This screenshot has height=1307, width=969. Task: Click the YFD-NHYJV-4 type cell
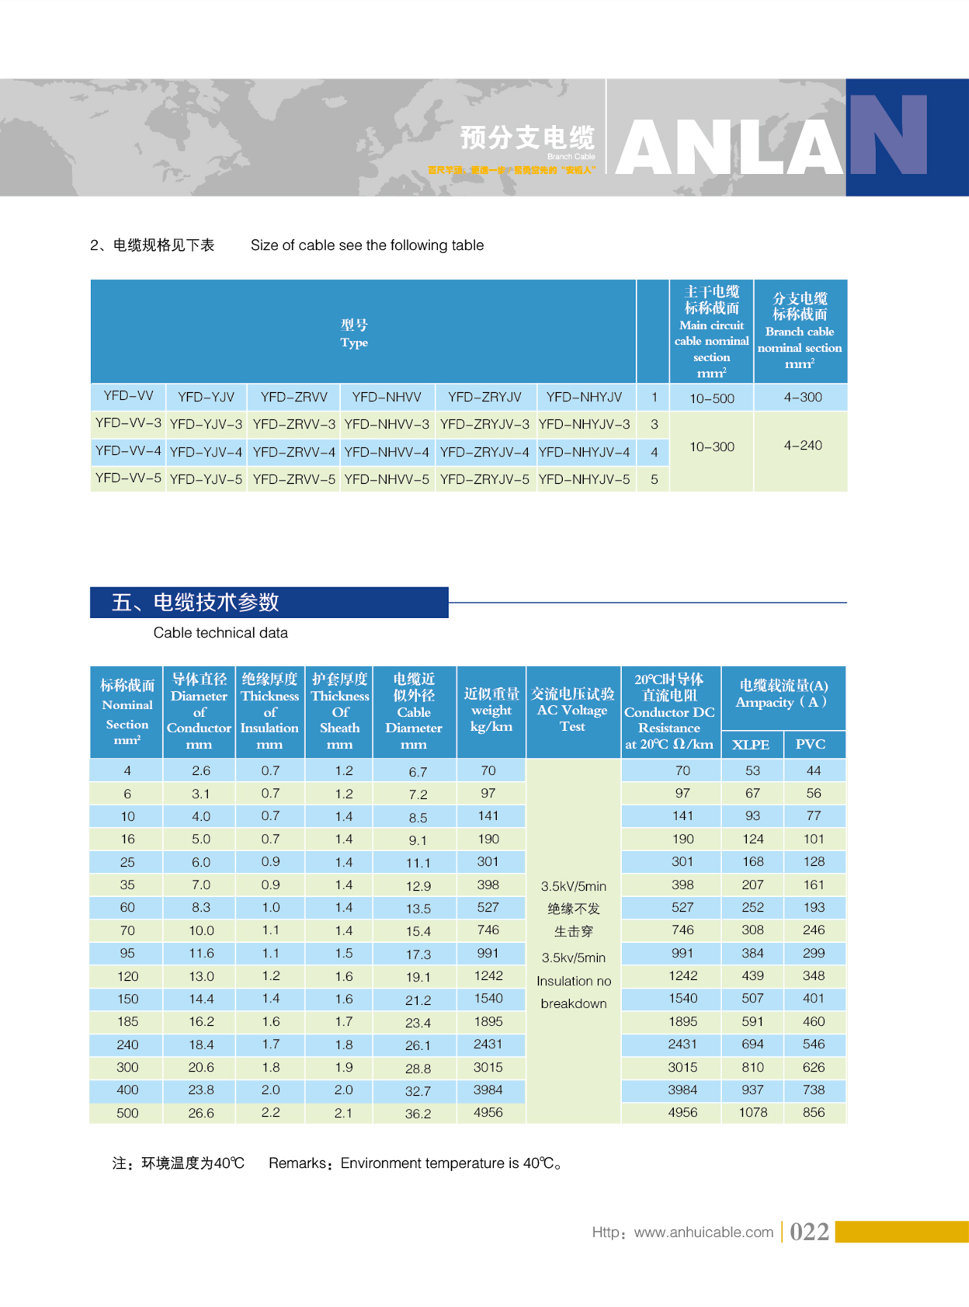[x=584, y=452]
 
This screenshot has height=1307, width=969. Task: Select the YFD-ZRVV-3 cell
[x=293, y=425]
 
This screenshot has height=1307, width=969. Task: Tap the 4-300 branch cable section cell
[x=802, y=398]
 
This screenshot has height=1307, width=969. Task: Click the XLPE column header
[x=751, y=745]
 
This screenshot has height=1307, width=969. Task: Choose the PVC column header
[x=811, y=745]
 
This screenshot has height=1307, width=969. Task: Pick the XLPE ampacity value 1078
[x=752, y=1113]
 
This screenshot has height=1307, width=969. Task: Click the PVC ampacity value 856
[x=813, y=1113]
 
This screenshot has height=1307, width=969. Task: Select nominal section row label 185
[x=127, y=1022]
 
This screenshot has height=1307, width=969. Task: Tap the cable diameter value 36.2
[x=418, y=1114]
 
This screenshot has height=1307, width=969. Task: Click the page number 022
[x=809, y=1232]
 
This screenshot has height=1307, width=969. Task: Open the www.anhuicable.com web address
[x=703, y=1232]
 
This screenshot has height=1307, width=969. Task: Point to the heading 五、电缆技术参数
[x=195, y=603]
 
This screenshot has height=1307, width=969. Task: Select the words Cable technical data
[x=221, y=633]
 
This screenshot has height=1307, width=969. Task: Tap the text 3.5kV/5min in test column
[x=573, y=887]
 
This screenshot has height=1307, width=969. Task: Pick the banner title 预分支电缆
[x=527, y=138]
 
